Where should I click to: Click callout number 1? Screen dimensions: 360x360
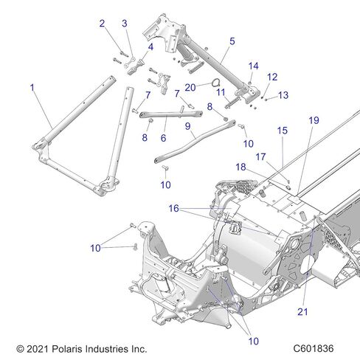(x=32, y=87)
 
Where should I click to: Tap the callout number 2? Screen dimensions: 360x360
(x=102, y=23)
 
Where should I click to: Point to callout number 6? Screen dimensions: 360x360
(x=163, y=137)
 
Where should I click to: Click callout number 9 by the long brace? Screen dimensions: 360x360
(x=188, y=126)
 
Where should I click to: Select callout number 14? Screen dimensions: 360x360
(x=253, y=66)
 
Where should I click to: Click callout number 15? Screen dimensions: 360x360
(x=282, y=130)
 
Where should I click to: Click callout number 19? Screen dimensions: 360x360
(x=314, y=120)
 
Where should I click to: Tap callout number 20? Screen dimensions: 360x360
(x=190, y=86)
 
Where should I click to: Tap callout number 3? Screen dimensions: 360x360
(x=125, y=24)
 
